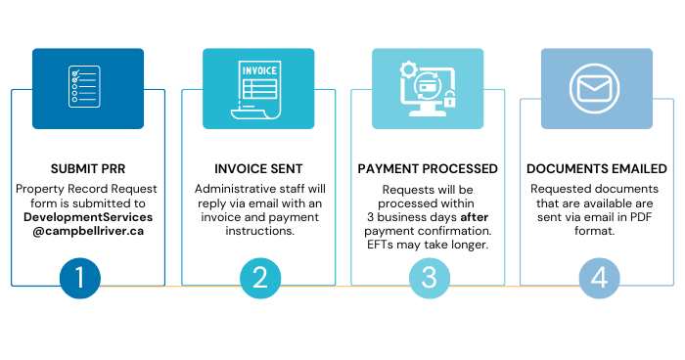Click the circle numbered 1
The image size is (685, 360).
(87, 277)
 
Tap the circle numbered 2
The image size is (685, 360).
(259, 277)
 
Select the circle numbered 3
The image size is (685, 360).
(430, 277)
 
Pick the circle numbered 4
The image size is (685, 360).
(599, 277)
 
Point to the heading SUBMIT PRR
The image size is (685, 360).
(88, 169)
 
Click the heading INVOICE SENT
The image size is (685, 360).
(258, 169)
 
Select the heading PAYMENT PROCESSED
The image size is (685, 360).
(429, 169)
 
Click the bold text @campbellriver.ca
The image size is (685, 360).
(88, 232)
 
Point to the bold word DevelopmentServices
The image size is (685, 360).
(88, 217)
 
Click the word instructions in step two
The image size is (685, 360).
(258, 232)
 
